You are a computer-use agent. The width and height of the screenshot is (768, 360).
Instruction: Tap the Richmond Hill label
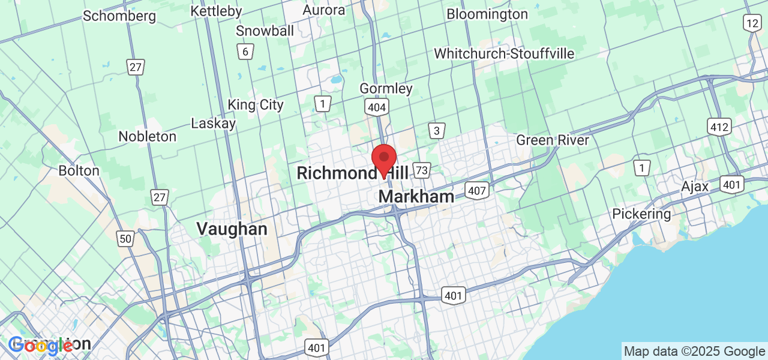pos(352,173)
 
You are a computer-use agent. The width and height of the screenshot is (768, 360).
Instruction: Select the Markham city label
pos(416,197)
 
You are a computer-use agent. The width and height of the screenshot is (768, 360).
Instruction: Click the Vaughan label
pos(232,229)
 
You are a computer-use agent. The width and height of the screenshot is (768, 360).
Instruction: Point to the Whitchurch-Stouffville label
pos(504,53)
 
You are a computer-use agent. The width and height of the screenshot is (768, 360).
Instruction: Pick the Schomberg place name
pos(119,16)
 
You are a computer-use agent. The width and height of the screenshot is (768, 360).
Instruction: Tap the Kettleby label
pos(216,11)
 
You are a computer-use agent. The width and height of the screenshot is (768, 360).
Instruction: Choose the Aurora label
pos(324,10)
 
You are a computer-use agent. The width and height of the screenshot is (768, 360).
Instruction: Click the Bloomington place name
pos(487,14)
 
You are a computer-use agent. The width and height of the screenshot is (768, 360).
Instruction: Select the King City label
pos(256,105)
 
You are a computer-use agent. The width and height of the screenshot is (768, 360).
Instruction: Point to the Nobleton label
pos(148,136)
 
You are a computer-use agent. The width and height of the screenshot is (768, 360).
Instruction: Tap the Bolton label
pos(79,170)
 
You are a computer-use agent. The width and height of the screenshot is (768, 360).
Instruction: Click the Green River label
pos(553,140)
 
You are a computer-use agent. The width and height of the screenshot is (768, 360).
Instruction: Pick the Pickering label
pos(641,214)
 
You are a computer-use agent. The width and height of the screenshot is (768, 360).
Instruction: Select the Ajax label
pos(695,187)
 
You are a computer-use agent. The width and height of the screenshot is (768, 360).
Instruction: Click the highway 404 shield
pos(376,107)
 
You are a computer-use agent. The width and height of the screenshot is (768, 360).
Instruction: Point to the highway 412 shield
pos(719,127)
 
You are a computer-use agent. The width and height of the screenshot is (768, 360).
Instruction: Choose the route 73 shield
pos(422,170)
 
